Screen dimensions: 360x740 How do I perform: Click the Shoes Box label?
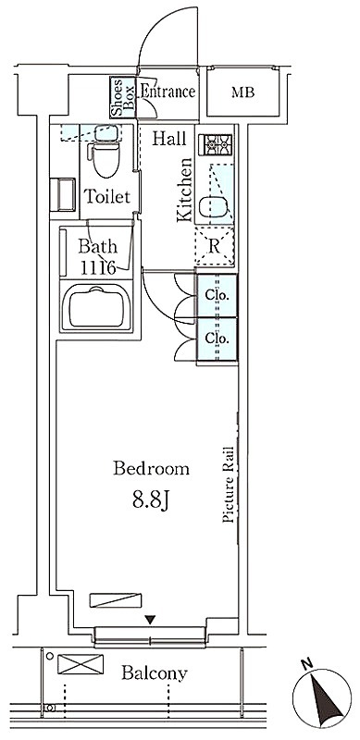pyautogui.click(x=123, y=98)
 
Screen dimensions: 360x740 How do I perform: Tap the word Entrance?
pyautogui.click(x=168, y=92)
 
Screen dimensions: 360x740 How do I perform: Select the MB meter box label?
pyautogui.click(x=242, y=92)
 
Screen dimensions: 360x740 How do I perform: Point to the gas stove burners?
pyautogui.click(x=215, y=144)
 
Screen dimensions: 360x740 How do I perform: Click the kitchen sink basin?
pyautogui.click(x=215, y=205)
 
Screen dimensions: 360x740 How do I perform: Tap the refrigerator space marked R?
pyautogui.click(x=215, y=246)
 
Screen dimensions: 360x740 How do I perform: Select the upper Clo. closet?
pyautogui.click(x=217, y=295)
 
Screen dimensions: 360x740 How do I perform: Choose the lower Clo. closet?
pyautogui.click(x=217, y=339)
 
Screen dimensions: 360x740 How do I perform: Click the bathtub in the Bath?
pyautogui.click(x=97, y=307)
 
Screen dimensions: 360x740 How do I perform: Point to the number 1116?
pyautogui.click(x=98, y=268)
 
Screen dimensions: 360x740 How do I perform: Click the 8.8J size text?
pyautogui.click(x=151, y=500)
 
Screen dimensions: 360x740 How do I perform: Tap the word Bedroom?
pyautogui.click(x=151, y=469)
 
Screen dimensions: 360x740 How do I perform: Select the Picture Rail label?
pyautogui.click(x=229, y=484)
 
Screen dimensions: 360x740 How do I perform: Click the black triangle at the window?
pyautogui.click(x=150, y=620)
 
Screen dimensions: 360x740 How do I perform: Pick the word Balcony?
pyautogui.click(x=155, y=673)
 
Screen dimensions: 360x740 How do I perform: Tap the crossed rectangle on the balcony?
pyautogui.click(x=81, y=664)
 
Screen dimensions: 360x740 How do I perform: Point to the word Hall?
pyautogui.click(x=169, y=139)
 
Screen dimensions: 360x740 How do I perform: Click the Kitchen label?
pyautogui.click(x=185, y=190)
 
